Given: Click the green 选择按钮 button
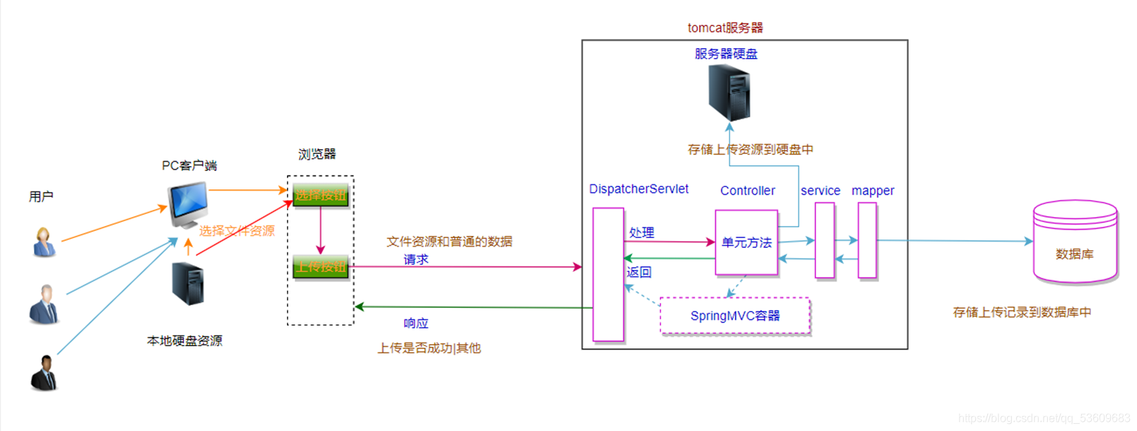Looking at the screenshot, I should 321,195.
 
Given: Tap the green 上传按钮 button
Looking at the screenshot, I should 321,266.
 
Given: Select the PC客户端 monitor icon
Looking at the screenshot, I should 188,203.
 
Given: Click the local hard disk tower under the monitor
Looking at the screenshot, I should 188,284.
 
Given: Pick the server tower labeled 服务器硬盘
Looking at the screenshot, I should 729,93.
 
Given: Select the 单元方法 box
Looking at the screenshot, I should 746,242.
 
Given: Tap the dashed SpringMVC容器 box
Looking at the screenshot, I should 735,316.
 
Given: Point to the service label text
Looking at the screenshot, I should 820,191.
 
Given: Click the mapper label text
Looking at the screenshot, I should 873,191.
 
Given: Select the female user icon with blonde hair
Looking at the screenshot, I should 45,242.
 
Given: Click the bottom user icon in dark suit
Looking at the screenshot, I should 45,373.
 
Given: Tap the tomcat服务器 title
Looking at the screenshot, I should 725,28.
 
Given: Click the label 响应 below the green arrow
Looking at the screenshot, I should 416,324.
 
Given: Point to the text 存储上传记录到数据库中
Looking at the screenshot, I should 1021,312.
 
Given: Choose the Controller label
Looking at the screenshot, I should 747,191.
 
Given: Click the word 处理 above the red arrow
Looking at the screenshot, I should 642,232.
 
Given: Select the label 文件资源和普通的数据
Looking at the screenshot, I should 449,242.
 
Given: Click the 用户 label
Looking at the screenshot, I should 41,196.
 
